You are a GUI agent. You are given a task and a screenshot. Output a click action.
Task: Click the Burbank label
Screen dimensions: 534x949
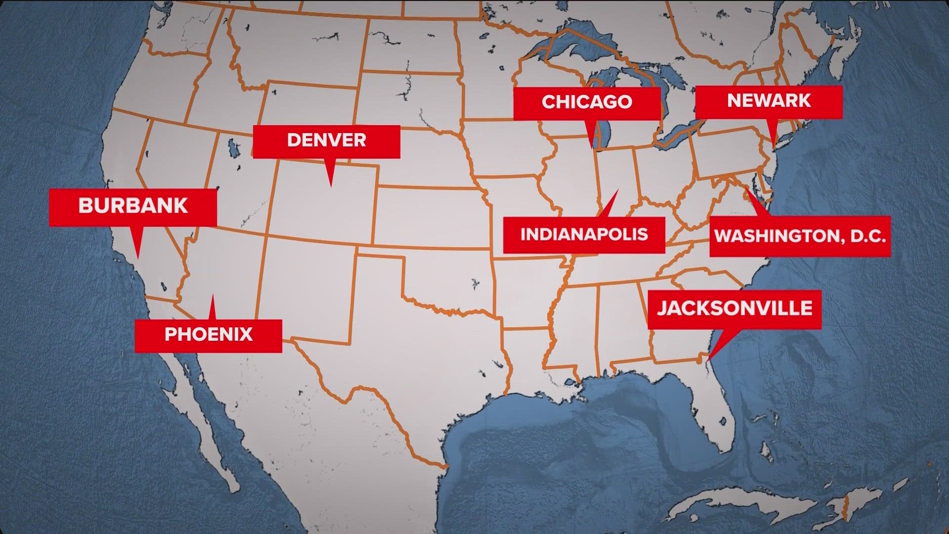[x=133, y=206]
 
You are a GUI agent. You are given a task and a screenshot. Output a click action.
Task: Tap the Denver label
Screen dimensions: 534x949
[x=326, y=140]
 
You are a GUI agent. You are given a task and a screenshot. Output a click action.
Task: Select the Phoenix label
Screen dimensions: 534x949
[x=208, y=335]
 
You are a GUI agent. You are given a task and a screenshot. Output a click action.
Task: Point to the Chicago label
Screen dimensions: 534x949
[x=587, y=102]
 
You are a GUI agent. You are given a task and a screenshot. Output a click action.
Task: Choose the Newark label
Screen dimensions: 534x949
[x=769, y=101]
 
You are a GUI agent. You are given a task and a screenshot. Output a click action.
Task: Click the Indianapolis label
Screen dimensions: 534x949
[x=584, y=234]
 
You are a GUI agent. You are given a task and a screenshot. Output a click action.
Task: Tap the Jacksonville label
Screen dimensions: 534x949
[x=734, y=309]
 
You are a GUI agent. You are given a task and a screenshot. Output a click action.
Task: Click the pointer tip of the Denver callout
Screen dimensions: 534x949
[x=331, y=186]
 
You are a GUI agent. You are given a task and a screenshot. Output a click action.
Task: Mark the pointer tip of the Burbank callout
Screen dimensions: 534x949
[x=138, y=259]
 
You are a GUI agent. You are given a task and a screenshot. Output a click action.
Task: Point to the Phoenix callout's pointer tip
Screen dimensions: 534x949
[x=213, y=296]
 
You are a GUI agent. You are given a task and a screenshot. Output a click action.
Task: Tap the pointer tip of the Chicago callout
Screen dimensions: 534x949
[x=593, y=148]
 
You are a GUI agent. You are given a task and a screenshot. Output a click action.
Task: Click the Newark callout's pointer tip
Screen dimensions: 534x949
[x=774, y=147]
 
